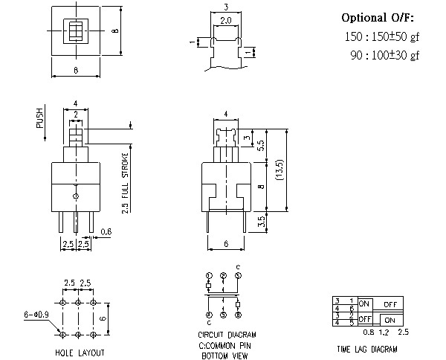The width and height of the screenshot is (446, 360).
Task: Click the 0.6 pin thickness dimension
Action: (x=106, y=231)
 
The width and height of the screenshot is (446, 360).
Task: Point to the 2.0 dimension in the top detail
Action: (x=224, y=20)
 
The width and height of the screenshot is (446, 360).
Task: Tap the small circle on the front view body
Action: (x=76, y=195)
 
